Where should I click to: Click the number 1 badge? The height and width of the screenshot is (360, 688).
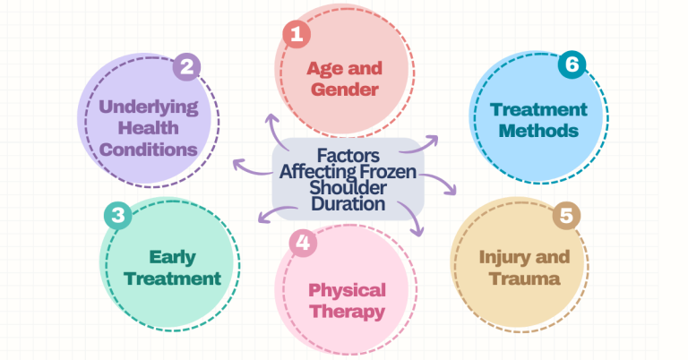(x=297, y=34)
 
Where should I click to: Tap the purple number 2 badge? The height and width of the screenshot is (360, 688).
(x=186, y=66)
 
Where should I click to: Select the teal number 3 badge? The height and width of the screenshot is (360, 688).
(x=118, y=215)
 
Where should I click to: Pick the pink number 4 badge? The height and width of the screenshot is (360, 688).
(x=303, y=243)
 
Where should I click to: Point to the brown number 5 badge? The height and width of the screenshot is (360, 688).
(x=566, y=215)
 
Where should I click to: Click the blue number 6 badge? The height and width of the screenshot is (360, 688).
(x=572, y=64)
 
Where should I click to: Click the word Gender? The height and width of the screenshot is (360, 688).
(x=344, y=90)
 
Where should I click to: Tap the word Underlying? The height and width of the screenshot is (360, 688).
(x=149, y=107)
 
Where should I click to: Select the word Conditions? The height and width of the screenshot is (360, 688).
(x=149, y=150)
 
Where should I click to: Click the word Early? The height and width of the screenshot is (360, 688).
(x=172, y=258)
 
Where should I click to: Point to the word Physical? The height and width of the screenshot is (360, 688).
(x=347, y=291)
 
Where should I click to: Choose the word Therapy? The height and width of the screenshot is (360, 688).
(x=347, y=312)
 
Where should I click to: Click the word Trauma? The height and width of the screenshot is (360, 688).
(x=525, y=279)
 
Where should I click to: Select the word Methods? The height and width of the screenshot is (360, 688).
(x=538, y=131)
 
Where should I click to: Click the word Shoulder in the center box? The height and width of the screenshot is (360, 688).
(x=348, y=188)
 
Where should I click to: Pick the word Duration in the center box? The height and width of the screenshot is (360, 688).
(x=348, y=204)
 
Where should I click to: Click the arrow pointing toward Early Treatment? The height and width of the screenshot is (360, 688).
(x=277, y=211)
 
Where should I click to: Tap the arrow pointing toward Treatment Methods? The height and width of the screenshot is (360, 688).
(x=420, y=146)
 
